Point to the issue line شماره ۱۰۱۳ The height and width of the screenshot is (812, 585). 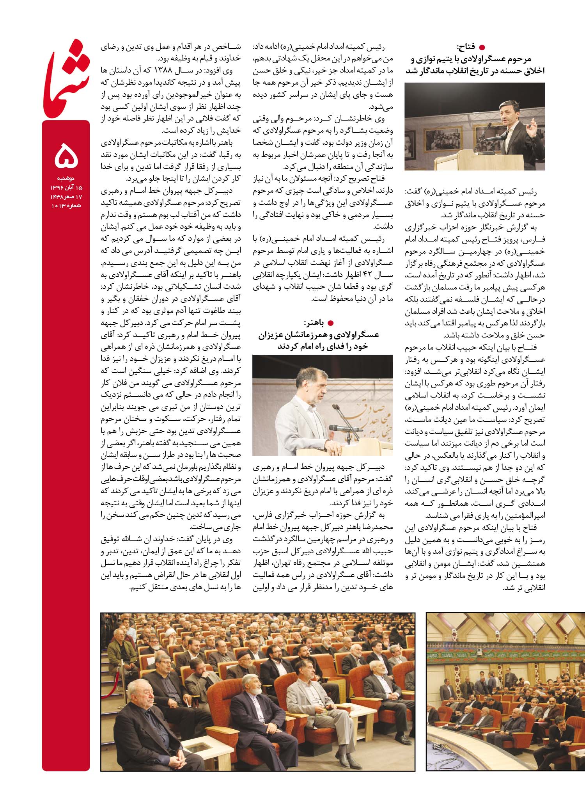pyautogui.click(x=66, y=205)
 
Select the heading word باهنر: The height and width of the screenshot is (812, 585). pyautogui.click(x=314, y=323)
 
